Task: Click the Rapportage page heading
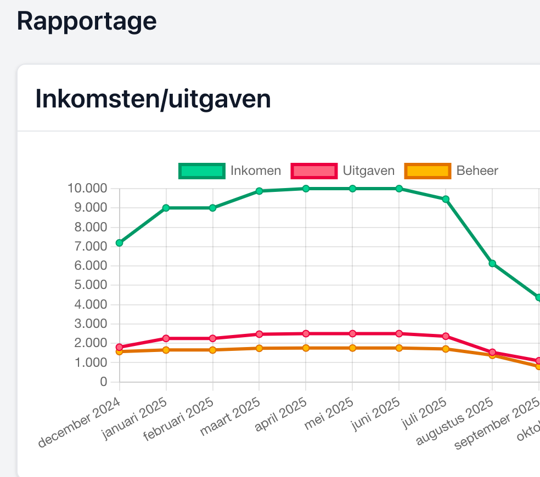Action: pyautogui.click(x=87, y=21)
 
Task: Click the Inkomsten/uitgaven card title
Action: pyautogui.click(x=153, y=99)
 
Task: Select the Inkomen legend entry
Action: pyautogui.click(x=230, y=171)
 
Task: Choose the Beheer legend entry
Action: pyautogui.click(x=452, y=171)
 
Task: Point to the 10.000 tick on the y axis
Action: pyautogui.click(x=87, y=189)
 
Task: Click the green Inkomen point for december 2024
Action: pyautogui.click(x=119, y=243)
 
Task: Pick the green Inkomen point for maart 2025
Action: pyautogui.click(x=259, y=191)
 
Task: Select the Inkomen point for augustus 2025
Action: pyautogui.click(x=492, y=264)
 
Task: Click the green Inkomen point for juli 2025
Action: pyautogui.click(x=446, y=199)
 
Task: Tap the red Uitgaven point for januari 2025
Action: pyautogui.click(x=166, y=338)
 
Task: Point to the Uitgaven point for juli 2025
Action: pyautogui.click(x=446, y=336)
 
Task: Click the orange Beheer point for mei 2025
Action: pyautogui.click(x=352, y=348)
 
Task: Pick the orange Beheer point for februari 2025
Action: pyautogui.click(x=212, y=350)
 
